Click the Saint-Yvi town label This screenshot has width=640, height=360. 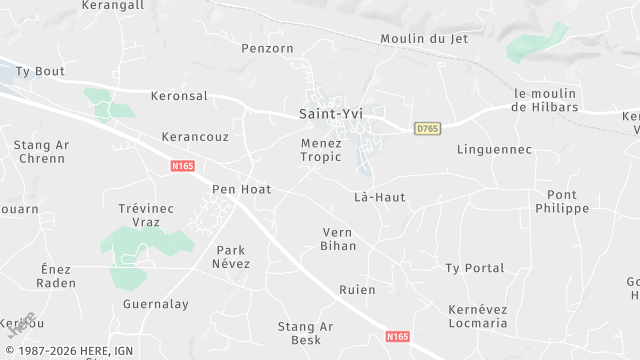coord(331,114)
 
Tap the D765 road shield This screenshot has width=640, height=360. coord(428,129)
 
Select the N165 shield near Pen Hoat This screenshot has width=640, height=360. coord(182,166)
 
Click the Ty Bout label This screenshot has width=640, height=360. coord(42,72)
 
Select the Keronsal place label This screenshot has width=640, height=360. coord(178,96)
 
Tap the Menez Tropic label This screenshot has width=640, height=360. coord(321,150)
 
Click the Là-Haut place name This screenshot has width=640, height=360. coord(380,197)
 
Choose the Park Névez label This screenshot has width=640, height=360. coord(231,257)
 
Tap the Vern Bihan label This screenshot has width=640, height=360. coord(338,239)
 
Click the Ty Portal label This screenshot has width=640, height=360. coord(474,268)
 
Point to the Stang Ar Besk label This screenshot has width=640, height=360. coord(305,333)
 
